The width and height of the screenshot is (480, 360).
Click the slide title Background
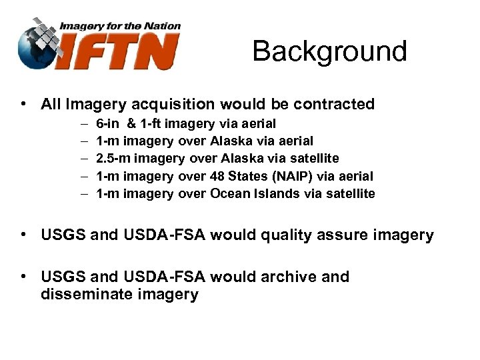pyautogui.click(x=329, y=51)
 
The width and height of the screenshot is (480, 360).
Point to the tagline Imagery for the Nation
pyautogui.click(x=120, y=26)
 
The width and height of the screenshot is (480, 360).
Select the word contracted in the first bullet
pyautogui.click(x=333, y=104)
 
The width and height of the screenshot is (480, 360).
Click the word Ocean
pyautogui.click(x=229, y=194)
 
